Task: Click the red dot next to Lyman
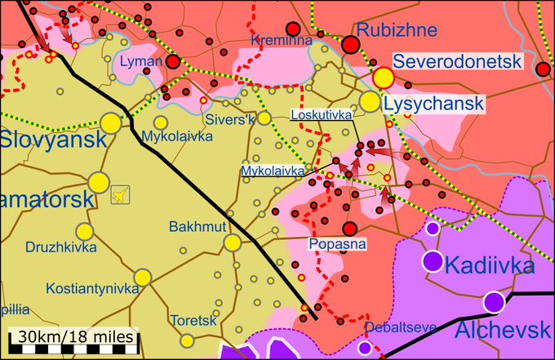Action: click(x=173, y=61)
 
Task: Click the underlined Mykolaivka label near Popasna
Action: click(x=273, y=171)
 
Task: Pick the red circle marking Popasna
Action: click(x=350, y=229)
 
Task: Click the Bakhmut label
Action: click(x=193, y=226)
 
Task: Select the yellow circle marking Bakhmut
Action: click(x=233, y=242)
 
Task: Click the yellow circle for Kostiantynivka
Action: click(x=143, y=278)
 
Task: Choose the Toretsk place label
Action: click(x=193, y=320)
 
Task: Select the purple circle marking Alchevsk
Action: click(x=493, y=302)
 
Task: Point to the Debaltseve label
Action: click(x=401, y=327)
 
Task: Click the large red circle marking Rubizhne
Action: click(x=351, y=45)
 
